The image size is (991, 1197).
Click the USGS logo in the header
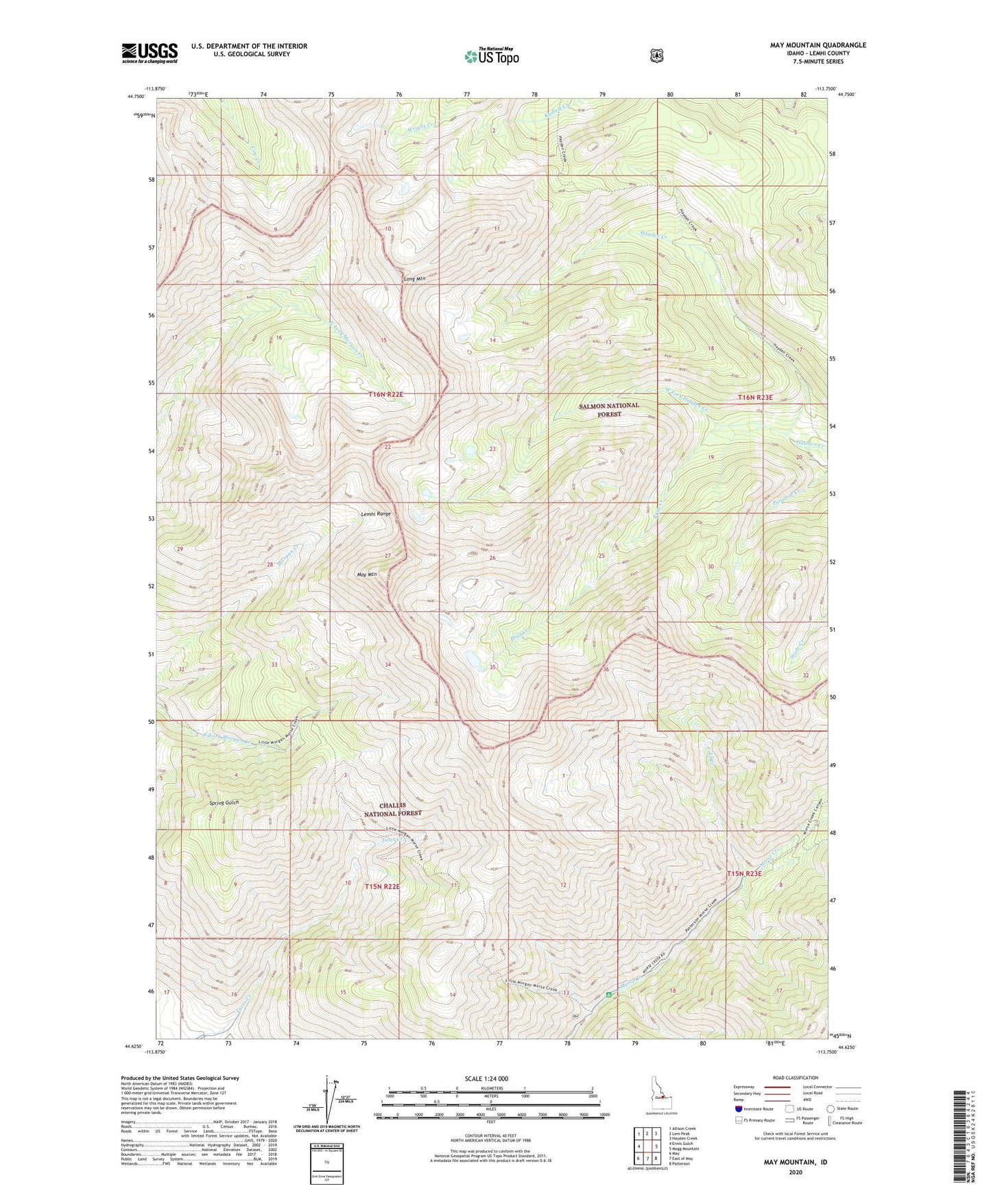click(x=150, y=53)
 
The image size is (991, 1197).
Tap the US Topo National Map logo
click(x=491, y=56)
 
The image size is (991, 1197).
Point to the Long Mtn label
click(x=414, y=279)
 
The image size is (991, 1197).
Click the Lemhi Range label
click(x=377, y=513)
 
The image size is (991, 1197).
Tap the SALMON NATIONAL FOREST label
click(x=609, y=409)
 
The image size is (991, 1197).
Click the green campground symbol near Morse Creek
click(x=608, y=991)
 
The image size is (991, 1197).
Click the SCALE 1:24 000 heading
click(x=486, y=1078)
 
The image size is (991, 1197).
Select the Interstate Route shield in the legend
click(x=738, y=1109)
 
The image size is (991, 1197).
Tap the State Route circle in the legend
click(x=831, y=1109)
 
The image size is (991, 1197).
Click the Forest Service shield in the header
click(x=656, y=55)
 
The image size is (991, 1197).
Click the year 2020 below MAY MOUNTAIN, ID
click(x=795, y=1172)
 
